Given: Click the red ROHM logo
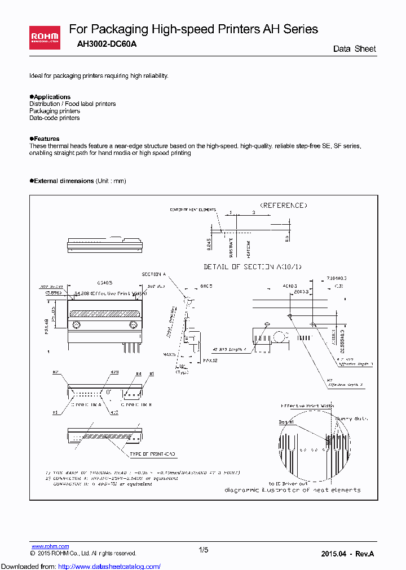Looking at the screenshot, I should (45, 38).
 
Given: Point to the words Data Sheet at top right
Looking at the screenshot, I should (354, 49).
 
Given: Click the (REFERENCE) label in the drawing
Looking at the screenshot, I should (284, 206).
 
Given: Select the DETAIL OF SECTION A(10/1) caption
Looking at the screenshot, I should (253, 266).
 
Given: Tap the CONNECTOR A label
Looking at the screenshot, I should (85, 405).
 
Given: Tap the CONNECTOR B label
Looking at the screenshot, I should (134, 405).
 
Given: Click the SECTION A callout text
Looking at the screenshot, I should (153, 274).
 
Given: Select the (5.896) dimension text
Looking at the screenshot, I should (55, 293).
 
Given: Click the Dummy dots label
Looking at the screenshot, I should (352, 419).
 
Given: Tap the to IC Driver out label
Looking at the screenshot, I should (288, 483).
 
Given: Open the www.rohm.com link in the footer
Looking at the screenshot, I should (50, 546).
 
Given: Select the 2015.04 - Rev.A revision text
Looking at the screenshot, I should (347, 554).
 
